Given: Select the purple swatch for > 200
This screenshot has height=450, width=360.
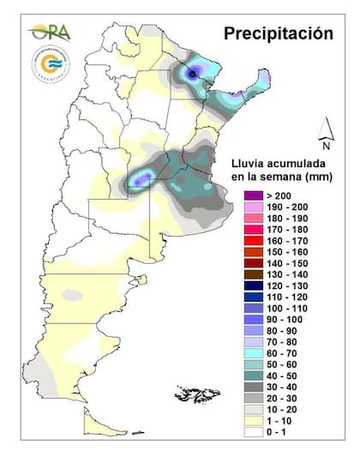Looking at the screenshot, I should [250, 196].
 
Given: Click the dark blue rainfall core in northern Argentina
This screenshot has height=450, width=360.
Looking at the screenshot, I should [195, 75].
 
